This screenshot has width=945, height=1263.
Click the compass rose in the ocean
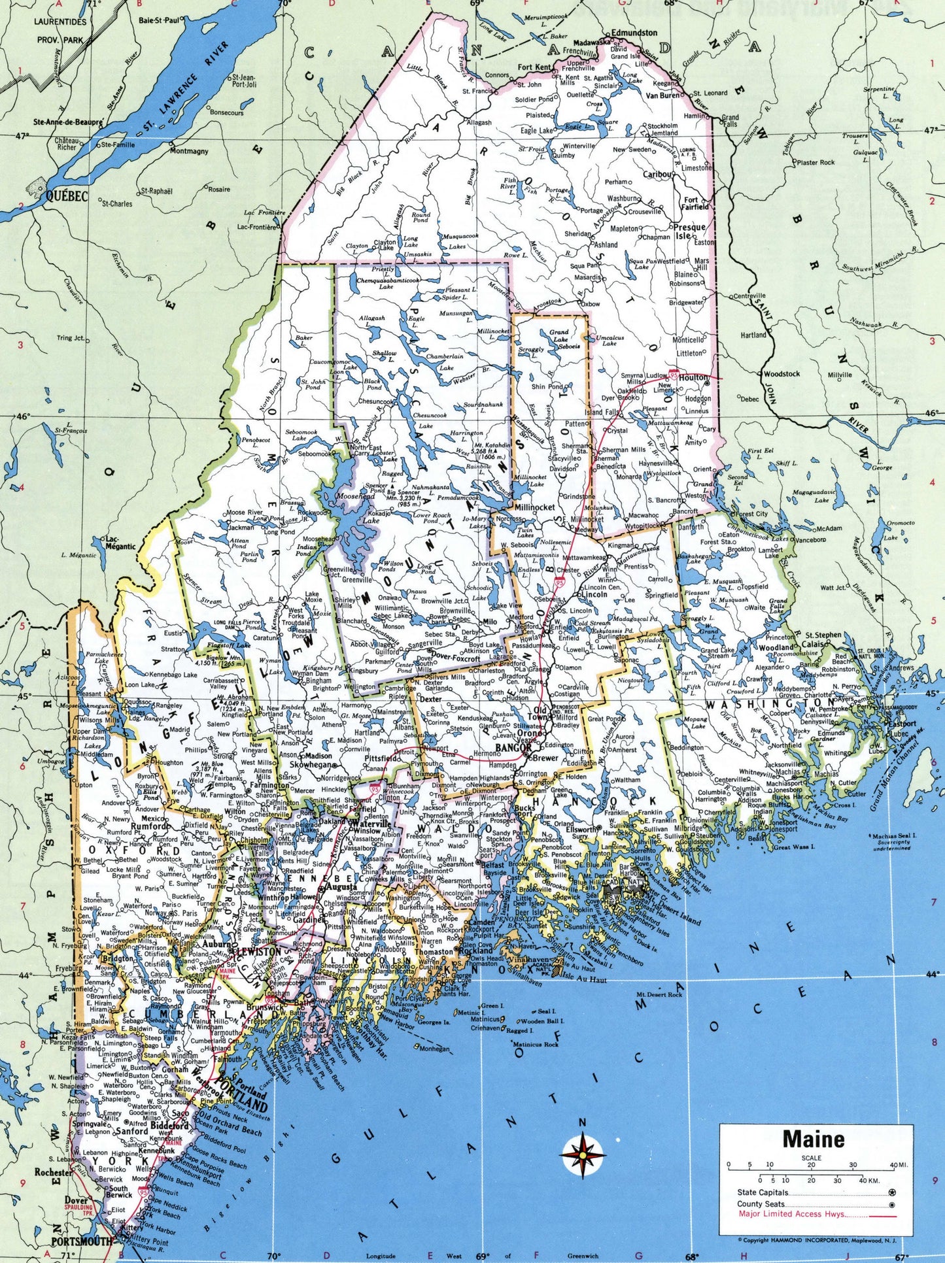pyautogui.click(x=581, y=1154)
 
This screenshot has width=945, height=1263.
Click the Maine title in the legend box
pyautogui.click(x=813, y=1139)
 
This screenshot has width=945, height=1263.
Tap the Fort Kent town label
pyautogui.click(x=534, y=67)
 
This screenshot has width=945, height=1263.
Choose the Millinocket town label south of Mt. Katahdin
pyautogui.click(x=534, y=507)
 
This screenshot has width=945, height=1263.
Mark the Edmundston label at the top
pyautogui.click(x=634, y=32)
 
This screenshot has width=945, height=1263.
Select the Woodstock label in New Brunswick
pyautogui.click(x=781, y=374)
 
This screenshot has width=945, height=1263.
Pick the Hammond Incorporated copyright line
pyautogui.click(x=816, y=1239)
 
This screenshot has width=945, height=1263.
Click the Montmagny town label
pyautogui.click(x=189, y=151)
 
